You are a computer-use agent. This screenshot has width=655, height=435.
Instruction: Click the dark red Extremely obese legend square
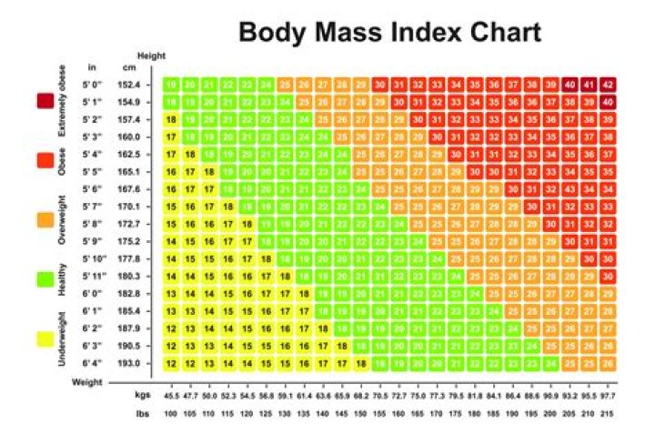click(x=43, y=101)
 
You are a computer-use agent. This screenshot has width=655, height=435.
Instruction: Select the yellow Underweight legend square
click(x=43, y=339)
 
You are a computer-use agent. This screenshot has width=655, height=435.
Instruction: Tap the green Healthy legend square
click(x=43, y=279)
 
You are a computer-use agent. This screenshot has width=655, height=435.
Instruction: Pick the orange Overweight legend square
click(x=43, y=219)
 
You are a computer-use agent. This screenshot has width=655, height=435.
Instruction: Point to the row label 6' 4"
click(x=93, y=363)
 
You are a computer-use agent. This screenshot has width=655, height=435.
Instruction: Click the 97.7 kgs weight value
click(x=607, y=397)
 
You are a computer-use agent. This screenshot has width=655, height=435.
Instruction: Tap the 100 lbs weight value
click(x=170, y=415)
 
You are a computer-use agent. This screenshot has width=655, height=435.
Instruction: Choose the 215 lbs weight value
click(x=607, y=415)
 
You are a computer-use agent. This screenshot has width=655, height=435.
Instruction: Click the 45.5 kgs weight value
click(x=170, y=397)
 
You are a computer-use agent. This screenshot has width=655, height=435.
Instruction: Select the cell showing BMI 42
click(x=608, y=83)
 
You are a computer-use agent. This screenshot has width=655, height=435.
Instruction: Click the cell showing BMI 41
click(x=588, y=83)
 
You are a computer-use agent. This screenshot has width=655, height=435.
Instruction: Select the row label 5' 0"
click(x=93, y=83)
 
